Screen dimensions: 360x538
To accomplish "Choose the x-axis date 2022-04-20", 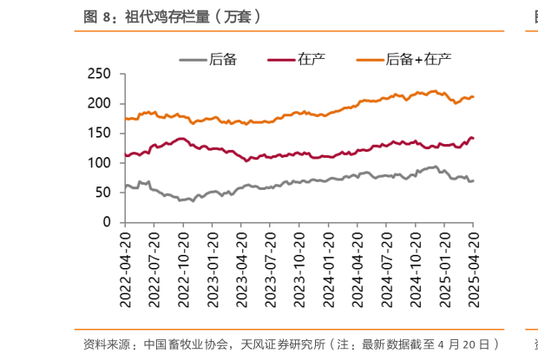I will [x=126, y=265].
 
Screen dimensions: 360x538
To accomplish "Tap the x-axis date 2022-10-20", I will [x=183, y=265].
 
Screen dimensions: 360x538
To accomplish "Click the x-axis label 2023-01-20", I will [x=213, y=265].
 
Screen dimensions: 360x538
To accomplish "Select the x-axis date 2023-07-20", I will [x=270, y=265].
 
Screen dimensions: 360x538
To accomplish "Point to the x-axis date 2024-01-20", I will [x=328, y=265].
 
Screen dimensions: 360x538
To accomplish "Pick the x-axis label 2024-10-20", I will [x=415, y=265].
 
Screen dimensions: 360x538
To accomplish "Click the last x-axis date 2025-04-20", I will [x=473, y=265].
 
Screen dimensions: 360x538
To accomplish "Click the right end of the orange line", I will [x=473, y=96].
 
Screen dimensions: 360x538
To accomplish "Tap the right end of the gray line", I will [x=473, y=180].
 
